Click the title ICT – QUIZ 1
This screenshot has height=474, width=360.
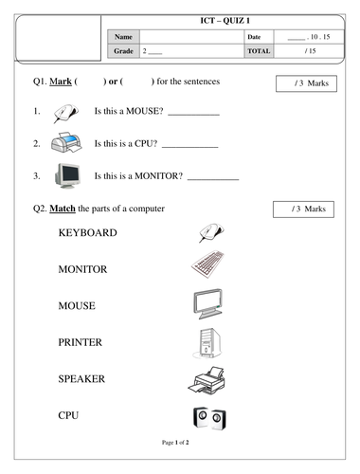(225, 21)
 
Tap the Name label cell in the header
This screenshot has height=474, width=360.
(123, 37)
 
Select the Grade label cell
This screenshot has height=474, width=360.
(123, 51)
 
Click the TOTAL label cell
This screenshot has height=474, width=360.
(259, 51)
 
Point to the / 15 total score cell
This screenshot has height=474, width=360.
(309, 51)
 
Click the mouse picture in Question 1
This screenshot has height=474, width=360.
(65, 113)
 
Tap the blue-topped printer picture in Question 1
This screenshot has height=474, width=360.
(66, 142)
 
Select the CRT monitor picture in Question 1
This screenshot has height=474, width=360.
(67, 176)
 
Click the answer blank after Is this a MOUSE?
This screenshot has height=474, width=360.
(193, 115)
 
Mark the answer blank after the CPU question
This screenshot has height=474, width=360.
(190, 147)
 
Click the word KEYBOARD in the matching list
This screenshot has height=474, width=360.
(88, 233)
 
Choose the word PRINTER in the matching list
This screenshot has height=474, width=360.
(81, 342)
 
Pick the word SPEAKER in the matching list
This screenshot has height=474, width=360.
(81, 379)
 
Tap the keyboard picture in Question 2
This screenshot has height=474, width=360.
(207, 264)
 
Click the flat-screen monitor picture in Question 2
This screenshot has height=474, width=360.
(208, 303)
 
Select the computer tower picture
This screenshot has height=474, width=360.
(207, 343)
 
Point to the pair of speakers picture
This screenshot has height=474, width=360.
(209, 418)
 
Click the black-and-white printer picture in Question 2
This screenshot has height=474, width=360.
(207, 380)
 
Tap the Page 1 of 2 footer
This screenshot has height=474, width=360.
(175, 443)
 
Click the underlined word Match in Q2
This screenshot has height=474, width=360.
(63, 209)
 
